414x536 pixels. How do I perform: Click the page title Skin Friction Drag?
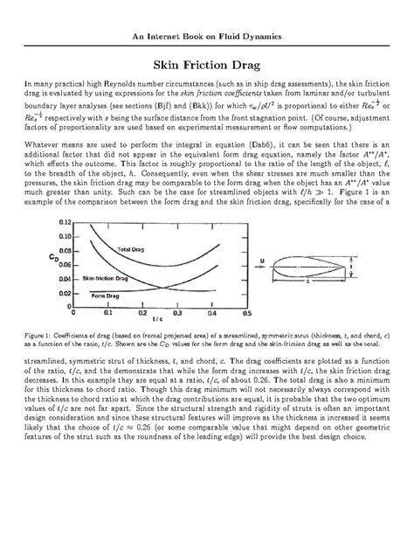(x=206, y=64)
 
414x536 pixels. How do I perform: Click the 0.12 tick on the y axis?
(x=62, y=223)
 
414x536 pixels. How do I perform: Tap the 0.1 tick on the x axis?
(x=107, y=311)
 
